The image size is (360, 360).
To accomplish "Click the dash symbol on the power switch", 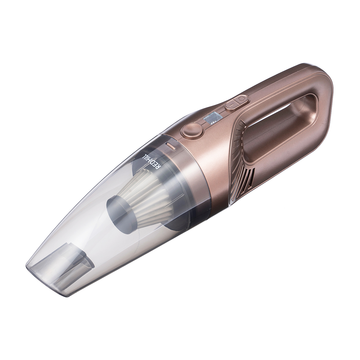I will tap(231, 105).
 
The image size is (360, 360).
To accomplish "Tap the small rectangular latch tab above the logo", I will tap(170, 146).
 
